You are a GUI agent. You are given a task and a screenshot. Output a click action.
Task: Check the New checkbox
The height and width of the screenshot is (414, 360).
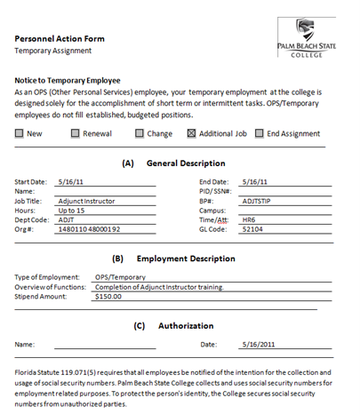tap(20, 134)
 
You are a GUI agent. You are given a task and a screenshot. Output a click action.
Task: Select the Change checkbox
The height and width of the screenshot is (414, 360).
tap(140, 134)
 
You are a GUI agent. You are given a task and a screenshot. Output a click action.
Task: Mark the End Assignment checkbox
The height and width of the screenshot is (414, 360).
tap(260, 134)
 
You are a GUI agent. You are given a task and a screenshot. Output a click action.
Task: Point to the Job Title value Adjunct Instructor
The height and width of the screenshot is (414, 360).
tap(85, 202)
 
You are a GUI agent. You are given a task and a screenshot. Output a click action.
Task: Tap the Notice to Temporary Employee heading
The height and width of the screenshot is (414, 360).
tap(68, 80)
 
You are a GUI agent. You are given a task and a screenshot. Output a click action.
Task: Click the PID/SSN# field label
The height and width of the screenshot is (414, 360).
tap(215, 191)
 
